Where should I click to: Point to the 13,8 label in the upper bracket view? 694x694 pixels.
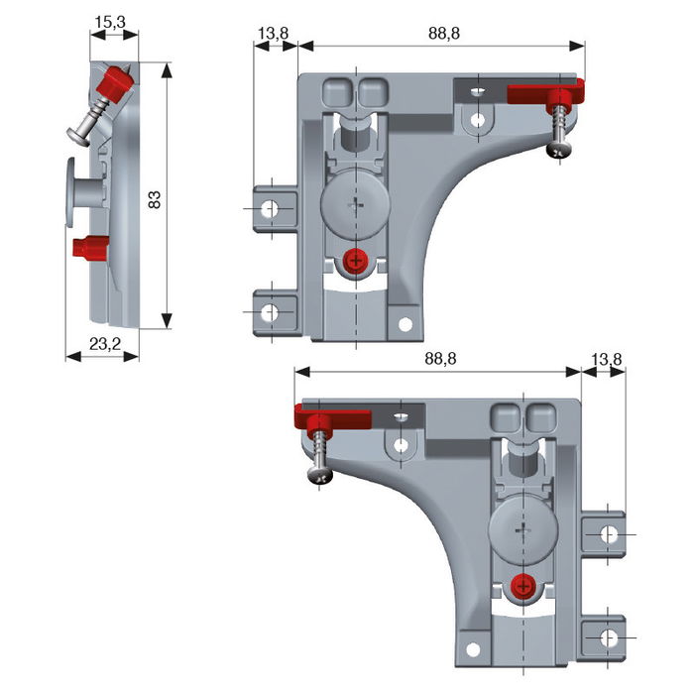(273, 33)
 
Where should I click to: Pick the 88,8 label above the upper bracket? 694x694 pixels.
(441, 33)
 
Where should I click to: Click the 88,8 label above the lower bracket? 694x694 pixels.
(437, 358)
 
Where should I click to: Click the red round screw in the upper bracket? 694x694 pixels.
(354, 262)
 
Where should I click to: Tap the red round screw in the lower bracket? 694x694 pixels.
(522, 588)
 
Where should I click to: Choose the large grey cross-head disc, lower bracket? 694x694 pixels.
(522, 531)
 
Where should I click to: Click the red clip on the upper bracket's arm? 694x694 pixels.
(543, 94)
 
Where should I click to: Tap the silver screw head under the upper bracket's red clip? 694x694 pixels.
(557, 150)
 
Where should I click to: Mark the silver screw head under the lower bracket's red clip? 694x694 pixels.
(322, 476)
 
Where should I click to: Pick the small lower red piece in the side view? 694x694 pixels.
(88, 247)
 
